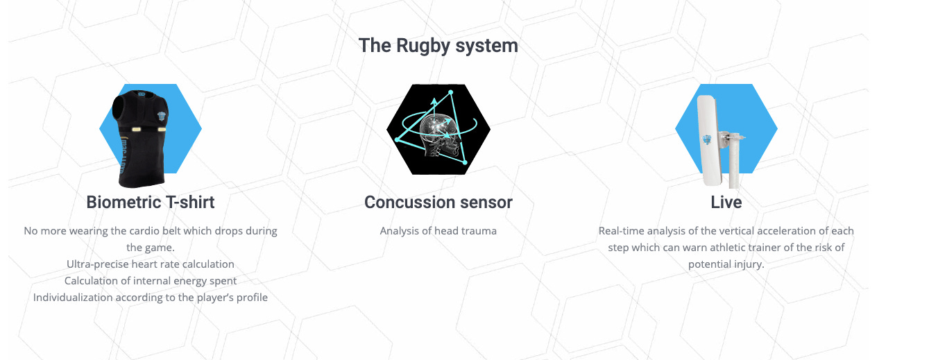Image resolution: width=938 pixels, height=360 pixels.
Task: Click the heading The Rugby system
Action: (438, 46)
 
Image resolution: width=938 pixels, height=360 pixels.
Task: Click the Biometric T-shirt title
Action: (151, 202)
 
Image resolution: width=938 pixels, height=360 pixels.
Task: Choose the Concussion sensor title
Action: (438, 202)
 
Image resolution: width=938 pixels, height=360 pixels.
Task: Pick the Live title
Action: (726, 202)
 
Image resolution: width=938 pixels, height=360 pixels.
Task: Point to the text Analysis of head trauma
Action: (438, 231)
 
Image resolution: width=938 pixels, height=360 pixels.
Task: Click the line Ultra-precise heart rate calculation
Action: (151, 264)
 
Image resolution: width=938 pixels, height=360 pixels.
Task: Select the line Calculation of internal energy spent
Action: (151, 281)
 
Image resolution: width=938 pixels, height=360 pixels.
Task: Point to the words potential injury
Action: (726, 264)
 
